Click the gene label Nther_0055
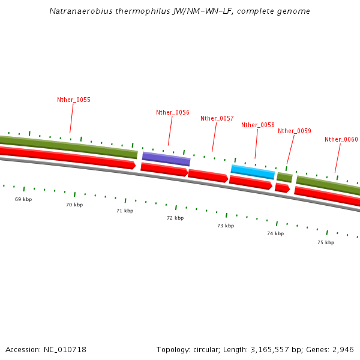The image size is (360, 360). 74,100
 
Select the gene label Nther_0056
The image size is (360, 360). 173,112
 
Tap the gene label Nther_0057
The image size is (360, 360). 217,118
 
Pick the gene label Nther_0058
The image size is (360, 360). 258,125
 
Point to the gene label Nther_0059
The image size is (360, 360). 295,131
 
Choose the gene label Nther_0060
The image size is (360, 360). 341,139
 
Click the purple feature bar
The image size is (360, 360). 166,158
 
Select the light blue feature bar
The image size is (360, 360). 253,172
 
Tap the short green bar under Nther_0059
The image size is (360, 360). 284,177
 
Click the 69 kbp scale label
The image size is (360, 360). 23,199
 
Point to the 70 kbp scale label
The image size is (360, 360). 74,205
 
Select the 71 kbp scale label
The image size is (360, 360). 125,211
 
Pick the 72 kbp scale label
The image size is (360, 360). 175,218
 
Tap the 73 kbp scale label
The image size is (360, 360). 226,226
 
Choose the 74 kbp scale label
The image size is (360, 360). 275,233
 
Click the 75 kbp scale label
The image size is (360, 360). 326,242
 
